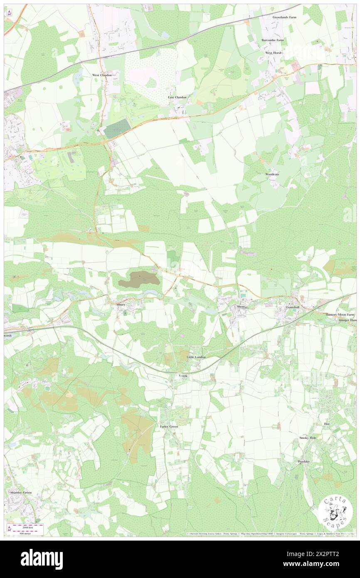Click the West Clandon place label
tap(102, 75)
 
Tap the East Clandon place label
tap(177, 97)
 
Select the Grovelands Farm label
tap(285, 17)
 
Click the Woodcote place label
tap(272, 174)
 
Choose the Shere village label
tap(242, 307)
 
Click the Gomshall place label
tap(292, 307)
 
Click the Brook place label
tap(183, 375)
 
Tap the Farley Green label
tap(169, 427)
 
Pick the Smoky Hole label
tap(308, 438)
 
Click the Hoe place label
tap(326, 423)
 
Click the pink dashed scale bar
tap(27, 527)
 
